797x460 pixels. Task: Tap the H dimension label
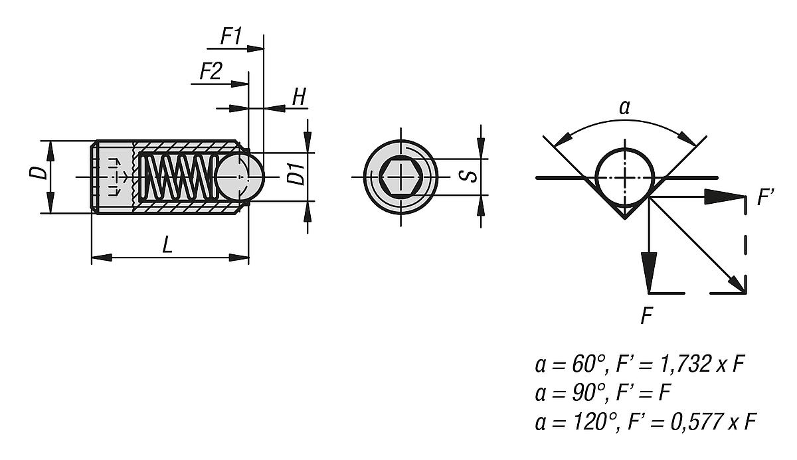pyautogui.click(x=300, y=97)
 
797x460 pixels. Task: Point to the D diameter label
pyautogui.click(x=41, y=173)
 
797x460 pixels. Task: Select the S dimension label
pyautogui.click(x=468, y=176)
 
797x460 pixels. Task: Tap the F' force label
pyautogui.click(x=766, y=198)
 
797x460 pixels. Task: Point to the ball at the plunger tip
pyautogui.click(x=240, y=177)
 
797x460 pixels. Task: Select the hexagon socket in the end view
pyautogui.click(x=401, y=177)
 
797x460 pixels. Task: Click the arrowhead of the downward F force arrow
pyautogui.click(x=649, y=273)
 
